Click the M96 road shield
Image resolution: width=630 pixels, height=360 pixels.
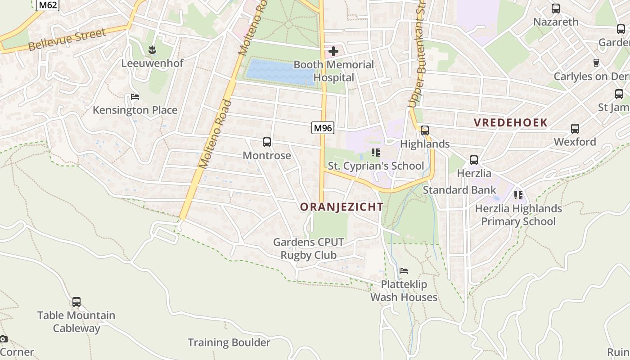pos(323,128)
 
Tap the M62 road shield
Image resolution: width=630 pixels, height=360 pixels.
pos(48,5)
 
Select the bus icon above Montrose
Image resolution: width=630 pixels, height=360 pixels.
pos(267,143)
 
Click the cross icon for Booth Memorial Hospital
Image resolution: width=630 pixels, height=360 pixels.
pos(333,51)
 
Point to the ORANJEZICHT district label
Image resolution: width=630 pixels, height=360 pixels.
pos(342,207)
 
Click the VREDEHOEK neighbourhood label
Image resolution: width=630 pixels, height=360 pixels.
pos(510,122)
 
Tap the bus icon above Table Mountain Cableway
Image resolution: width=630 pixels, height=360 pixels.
pos(76,302)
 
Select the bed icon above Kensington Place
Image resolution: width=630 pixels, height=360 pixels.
pos(135,97)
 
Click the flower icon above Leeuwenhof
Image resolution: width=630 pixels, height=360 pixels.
pos(153,50)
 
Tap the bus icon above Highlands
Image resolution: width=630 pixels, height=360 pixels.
pos(424,130)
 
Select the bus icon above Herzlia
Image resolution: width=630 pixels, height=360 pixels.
pos(474,160)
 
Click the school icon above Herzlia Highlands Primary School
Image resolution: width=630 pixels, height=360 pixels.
pos(518,195)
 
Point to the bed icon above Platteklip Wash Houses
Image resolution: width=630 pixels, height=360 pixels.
pos(404,271)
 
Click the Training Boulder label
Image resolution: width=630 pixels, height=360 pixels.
pos(229,342)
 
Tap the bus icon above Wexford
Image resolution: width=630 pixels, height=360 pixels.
pos(575,129)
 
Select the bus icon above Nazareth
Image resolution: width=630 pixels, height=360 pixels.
pos(556,9)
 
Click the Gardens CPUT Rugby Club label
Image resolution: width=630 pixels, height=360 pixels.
pos(309,248)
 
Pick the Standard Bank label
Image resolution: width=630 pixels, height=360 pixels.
pos(459,190)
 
